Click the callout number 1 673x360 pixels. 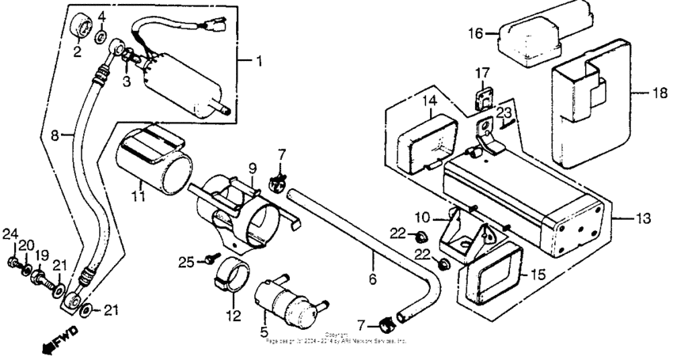pyautogui.click(x=256, y=60)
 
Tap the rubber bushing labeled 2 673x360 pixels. pyautogui.click(x=80, y=26)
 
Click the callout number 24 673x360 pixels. pyautogui.click(x=9, y=233)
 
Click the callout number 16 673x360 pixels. pyautogui.click(x=475, y=34)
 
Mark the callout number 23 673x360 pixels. pyautogui.click(x=504, y=112)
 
